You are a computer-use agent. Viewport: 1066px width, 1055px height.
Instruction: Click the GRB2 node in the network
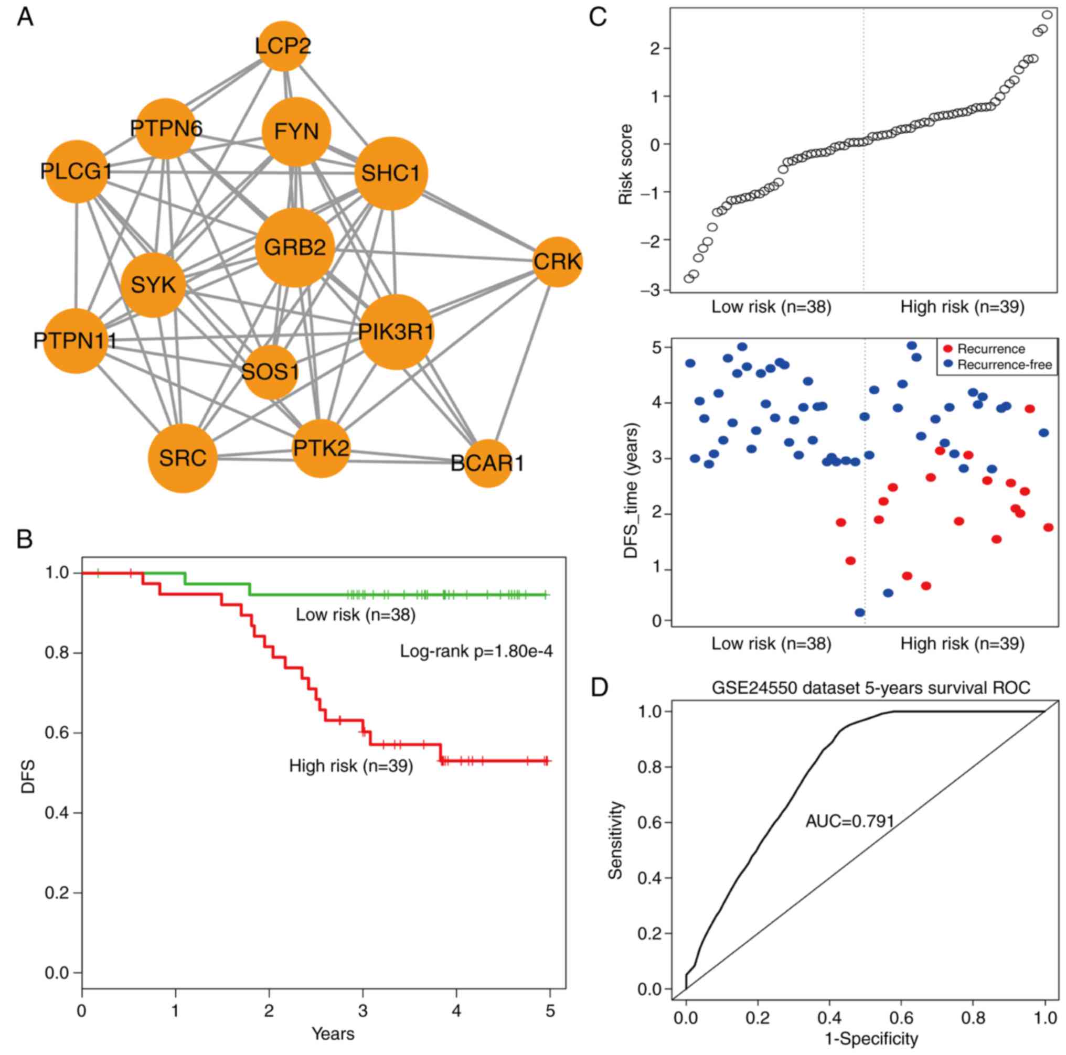295,247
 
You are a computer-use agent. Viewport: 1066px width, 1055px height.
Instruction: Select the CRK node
558,262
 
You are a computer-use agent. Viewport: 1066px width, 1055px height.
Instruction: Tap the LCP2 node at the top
283,46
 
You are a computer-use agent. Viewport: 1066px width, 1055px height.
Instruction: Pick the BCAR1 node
488,463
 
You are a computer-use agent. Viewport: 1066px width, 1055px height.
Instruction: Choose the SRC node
183,458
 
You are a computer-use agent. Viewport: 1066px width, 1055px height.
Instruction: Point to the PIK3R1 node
396,332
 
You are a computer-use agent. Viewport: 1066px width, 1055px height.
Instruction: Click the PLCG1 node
76,171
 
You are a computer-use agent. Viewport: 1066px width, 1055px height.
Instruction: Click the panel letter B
24,540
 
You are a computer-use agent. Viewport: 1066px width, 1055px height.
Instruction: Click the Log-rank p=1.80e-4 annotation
476,652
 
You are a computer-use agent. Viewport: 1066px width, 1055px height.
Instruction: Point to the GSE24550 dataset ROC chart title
871,688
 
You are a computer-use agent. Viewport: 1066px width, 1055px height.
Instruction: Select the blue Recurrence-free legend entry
998,364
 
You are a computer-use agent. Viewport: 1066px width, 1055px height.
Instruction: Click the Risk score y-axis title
626,164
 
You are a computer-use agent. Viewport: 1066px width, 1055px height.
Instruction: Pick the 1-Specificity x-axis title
871,1039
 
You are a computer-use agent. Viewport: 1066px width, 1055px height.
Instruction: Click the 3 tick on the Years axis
363,1011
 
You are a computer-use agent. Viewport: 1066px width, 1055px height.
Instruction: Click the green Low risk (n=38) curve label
355,615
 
